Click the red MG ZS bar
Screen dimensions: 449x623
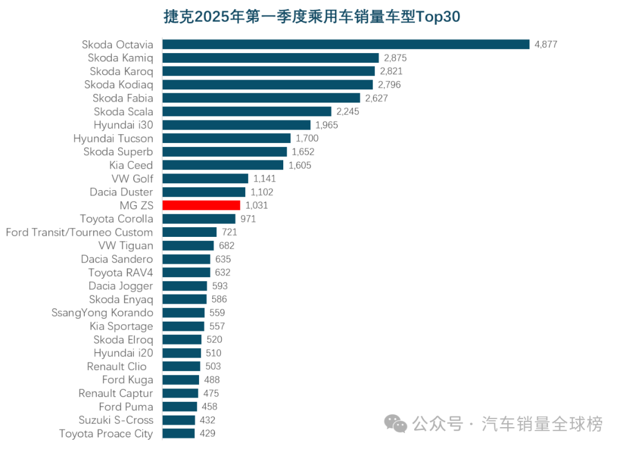point(201,205)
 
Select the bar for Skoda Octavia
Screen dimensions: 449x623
point(346,44)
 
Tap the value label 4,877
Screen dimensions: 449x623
point(546,44)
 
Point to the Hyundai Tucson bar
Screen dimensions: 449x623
point(226,138)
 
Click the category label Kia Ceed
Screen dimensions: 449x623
point(132,165)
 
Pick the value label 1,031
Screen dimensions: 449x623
point(257,205)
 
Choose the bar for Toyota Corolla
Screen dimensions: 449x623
point(198,219)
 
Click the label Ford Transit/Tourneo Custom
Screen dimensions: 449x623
point(80,232)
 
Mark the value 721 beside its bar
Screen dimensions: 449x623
point(230,232)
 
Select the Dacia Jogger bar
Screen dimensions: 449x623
point(184,286)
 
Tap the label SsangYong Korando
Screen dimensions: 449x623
point(103,313)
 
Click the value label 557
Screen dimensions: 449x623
point(217,326)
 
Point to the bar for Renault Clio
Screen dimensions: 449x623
point(181,367)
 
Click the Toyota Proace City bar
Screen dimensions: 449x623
point(178,433)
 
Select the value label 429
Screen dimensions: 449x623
point(208,433)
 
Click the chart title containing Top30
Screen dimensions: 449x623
point(311,17)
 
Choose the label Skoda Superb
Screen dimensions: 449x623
point(118,152)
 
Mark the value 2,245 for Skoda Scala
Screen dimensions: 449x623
point(348,112)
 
